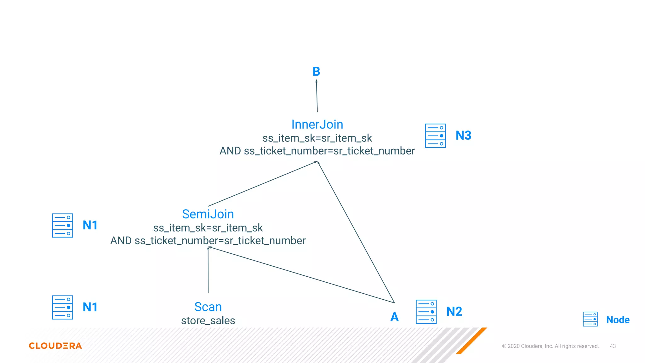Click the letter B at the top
[x=316, y=72]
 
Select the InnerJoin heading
[x=317, y=124]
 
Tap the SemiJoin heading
[x=208, y=214]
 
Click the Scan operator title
[x=208, y=307]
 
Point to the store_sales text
[x=208, y=321]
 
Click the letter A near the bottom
[x=394, y=317]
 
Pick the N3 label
[x=463, y=135]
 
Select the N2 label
[x=454, y=312]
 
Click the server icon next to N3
[x=435, y=136]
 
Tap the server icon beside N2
[x=426, y=312]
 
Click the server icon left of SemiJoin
[x=62, y=225]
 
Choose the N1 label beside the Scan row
[x=90, y=307]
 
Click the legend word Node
[x=618, y=320]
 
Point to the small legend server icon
[x=590, y=319]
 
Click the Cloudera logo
[x=55, y=346]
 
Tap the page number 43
[x=613, y=346]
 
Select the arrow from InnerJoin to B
[x=317, y=96]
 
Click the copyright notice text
[x=550, y=346]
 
